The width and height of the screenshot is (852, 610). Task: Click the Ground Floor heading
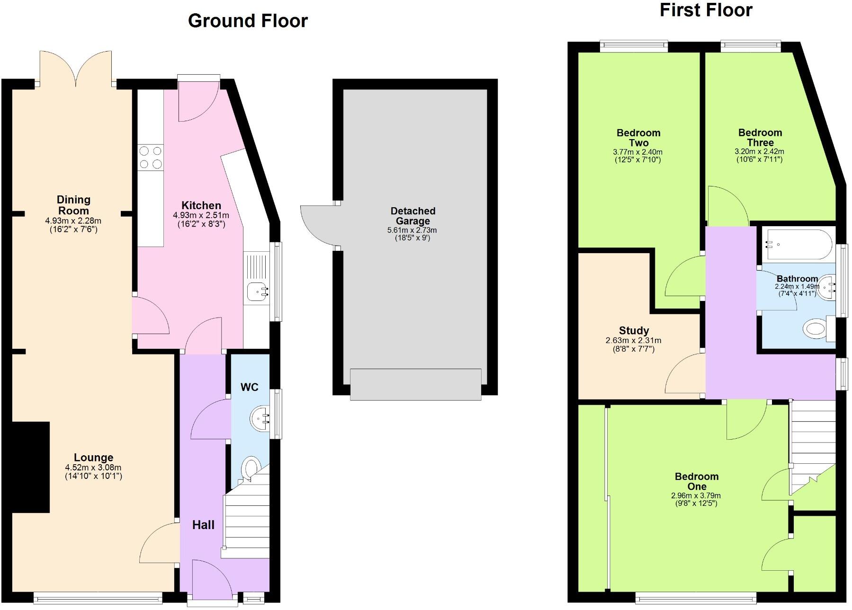(x=248, y=21)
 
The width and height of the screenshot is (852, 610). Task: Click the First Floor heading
(x=706, y=10)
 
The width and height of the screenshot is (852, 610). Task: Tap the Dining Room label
(x=73, y=205)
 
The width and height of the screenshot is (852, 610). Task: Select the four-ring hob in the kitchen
(x=150, y=158)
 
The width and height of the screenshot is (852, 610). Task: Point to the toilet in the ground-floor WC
(x=250, y=469)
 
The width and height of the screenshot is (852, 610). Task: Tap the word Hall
(x=203, y=525)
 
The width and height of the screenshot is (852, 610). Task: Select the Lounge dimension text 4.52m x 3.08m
(x=93, y=468)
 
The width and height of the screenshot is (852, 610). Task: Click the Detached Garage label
(x=413, y=216)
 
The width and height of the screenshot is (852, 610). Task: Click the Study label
(x=634, y=330)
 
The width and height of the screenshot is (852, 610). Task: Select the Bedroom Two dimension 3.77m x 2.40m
(x=637, y=152)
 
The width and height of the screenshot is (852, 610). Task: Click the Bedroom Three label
(x=760, y=137)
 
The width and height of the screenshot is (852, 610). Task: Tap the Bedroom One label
(x=697, y=481)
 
